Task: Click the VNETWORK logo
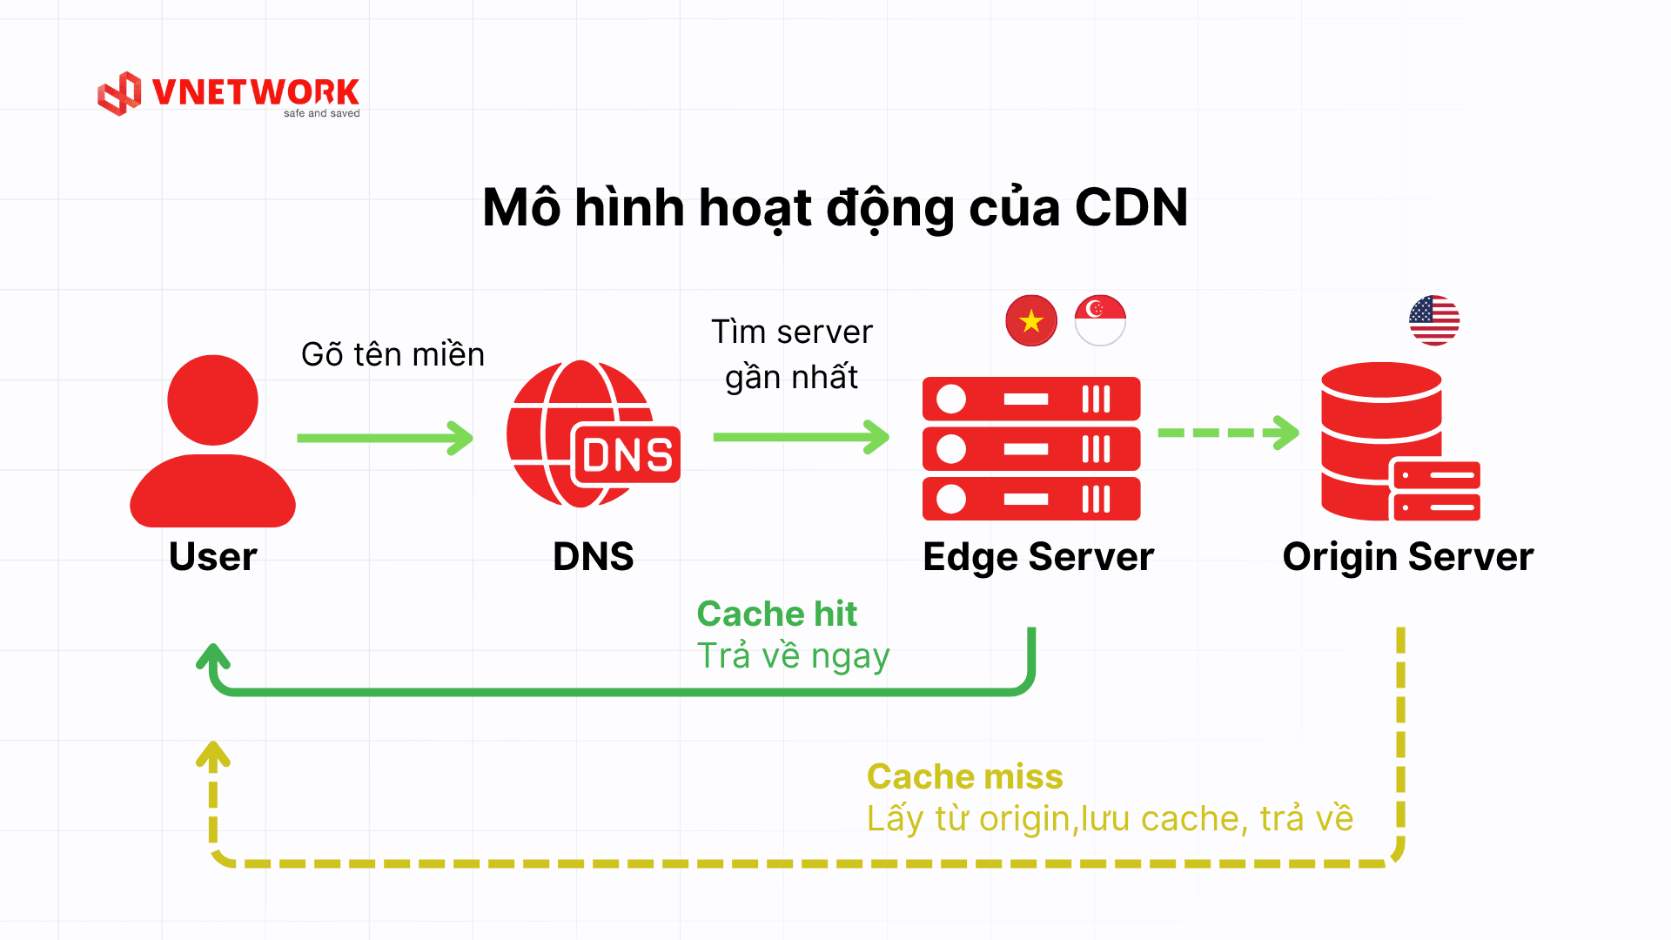(229, 94)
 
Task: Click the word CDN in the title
(1131, 208)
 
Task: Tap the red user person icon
(212, 440)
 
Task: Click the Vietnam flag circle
(1031, 320)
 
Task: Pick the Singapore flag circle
(1100, 320)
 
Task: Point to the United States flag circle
(1434, 320)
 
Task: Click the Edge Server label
(1037, 557)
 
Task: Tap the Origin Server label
(1407, 557)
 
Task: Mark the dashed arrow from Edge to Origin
(1227, 433)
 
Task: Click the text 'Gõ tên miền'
(393, 355)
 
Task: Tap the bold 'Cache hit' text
(776, 614)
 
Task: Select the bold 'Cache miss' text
(964, 776)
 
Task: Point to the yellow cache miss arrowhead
(213, 755)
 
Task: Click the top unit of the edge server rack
(1031, 399)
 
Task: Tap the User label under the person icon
(213, 557)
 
